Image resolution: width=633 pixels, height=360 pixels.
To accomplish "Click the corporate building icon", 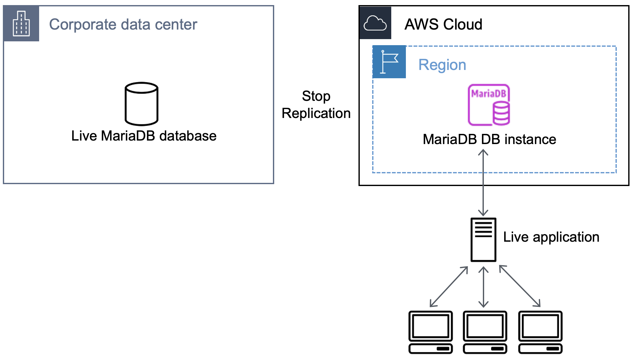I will coord(21,24).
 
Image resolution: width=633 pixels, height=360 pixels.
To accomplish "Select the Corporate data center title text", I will coord(123,24).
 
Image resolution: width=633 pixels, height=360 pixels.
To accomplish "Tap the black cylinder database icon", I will coord(142,104).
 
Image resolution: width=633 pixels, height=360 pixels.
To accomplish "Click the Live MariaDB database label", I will coord(144,136).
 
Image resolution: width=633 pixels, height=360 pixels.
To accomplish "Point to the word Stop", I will coord(316,96).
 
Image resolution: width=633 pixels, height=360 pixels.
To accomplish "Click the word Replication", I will coord(316,114).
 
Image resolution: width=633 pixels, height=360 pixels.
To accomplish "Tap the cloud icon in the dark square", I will coord(375,23).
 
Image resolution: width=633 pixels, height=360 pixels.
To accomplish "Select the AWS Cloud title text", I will coord(443,24).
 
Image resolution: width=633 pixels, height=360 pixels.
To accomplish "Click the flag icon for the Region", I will coord(389,62).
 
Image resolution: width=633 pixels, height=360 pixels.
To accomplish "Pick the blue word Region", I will coord(442,65).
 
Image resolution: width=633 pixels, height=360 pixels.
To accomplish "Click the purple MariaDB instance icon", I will coord(489,105).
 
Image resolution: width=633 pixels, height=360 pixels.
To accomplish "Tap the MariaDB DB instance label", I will coord(489,139).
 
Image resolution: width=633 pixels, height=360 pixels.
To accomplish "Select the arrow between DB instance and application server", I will coord(483,183).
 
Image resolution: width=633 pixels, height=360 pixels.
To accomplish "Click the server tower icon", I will coord(483,239).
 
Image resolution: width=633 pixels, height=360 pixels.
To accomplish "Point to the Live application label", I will coord(551,237).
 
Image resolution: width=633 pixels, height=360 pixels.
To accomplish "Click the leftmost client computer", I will coord(430,332).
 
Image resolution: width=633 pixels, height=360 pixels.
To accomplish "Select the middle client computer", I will coord(485,332).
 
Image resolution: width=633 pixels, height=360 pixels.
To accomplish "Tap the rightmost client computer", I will coord(540,332).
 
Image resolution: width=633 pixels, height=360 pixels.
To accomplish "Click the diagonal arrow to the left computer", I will coord(449,287).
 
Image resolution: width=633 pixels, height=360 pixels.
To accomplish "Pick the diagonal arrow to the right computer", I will coord(520,286).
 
